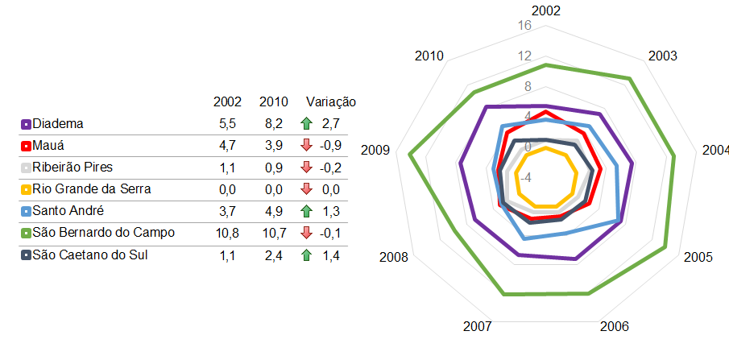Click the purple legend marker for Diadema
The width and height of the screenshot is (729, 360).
pyautogui.click(x=26, y=125)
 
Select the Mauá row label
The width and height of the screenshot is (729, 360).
pyautogui.click(x=48, y=146)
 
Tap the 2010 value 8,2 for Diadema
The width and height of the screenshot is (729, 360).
pyautogui.click(x=273, y=124)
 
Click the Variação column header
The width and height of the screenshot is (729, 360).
pyautogui.click(x=330, y=101)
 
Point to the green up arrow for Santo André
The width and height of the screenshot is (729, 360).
pyautogui.click(x=306, y=212)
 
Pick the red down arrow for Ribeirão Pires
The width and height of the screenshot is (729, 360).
pyautogui.click(x=306, y=168)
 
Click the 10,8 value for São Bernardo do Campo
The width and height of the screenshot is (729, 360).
pyautogui.click(x=227, y=234)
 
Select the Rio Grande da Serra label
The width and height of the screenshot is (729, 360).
pyautogui.click(x=92, y=189)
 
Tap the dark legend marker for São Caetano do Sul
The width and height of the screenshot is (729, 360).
pyautogui.click(x=26, y=255)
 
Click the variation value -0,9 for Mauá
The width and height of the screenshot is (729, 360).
pyautogui.click(x=330, y=146)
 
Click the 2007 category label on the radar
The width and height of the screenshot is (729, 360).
pyautogui.click(x=478, y=326)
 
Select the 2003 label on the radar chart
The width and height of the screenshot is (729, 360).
pyautogui.click(x=662, y=56)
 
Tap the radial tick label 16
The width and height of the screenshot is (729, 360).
pyautogui.click(x=524, y=26)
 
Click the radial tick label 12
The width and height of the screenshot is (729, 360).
pyautogui.click(x=524, y=56)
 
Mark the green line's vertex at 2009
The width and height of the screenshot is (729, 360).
pyautogui.click(x=409, y=154)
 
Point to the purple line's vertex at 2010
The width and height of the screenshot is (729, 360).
pyautogui.click(x=487, y=107)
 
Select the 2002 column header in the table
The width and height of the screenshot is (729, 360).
pyautogui.click(x=227, y=101)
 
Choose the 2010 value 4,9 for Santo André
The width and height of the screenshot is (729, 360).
pyautogui.click(x=273, y=212)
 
